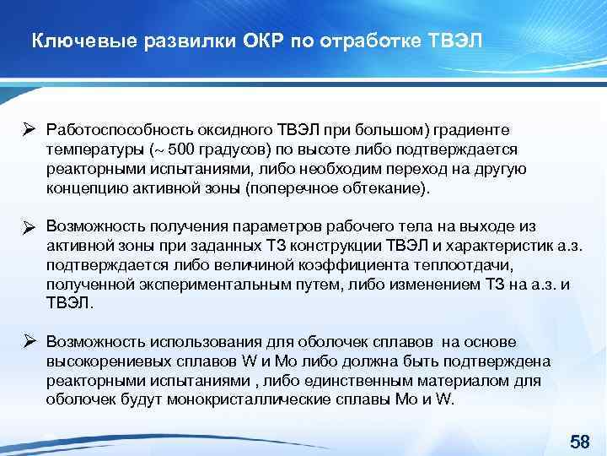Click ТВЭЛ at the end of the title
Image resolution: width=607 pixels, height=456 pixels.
[456, 41]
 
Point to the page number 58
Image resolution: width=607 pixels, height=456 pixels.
[579, 442]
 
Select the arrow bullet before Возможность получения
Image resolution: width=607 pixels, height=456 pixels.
[28, 226]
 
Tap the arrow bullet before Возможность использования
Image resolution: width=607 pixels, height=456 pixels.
[28, 341]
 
